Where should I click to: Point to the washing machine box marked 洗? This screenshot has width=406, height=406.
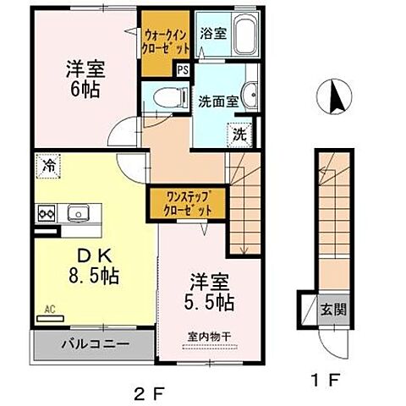[240, 133]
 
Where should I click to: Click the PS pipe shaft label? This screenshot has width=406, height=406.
[183, 72]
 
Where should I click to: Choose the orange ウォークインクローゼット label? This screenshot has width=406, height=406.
[165, 40]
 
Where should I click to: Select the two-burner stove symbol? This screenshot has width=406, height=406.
[44, 213]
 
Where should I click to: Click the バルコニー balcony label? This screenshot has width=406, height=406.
[93, 346]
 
